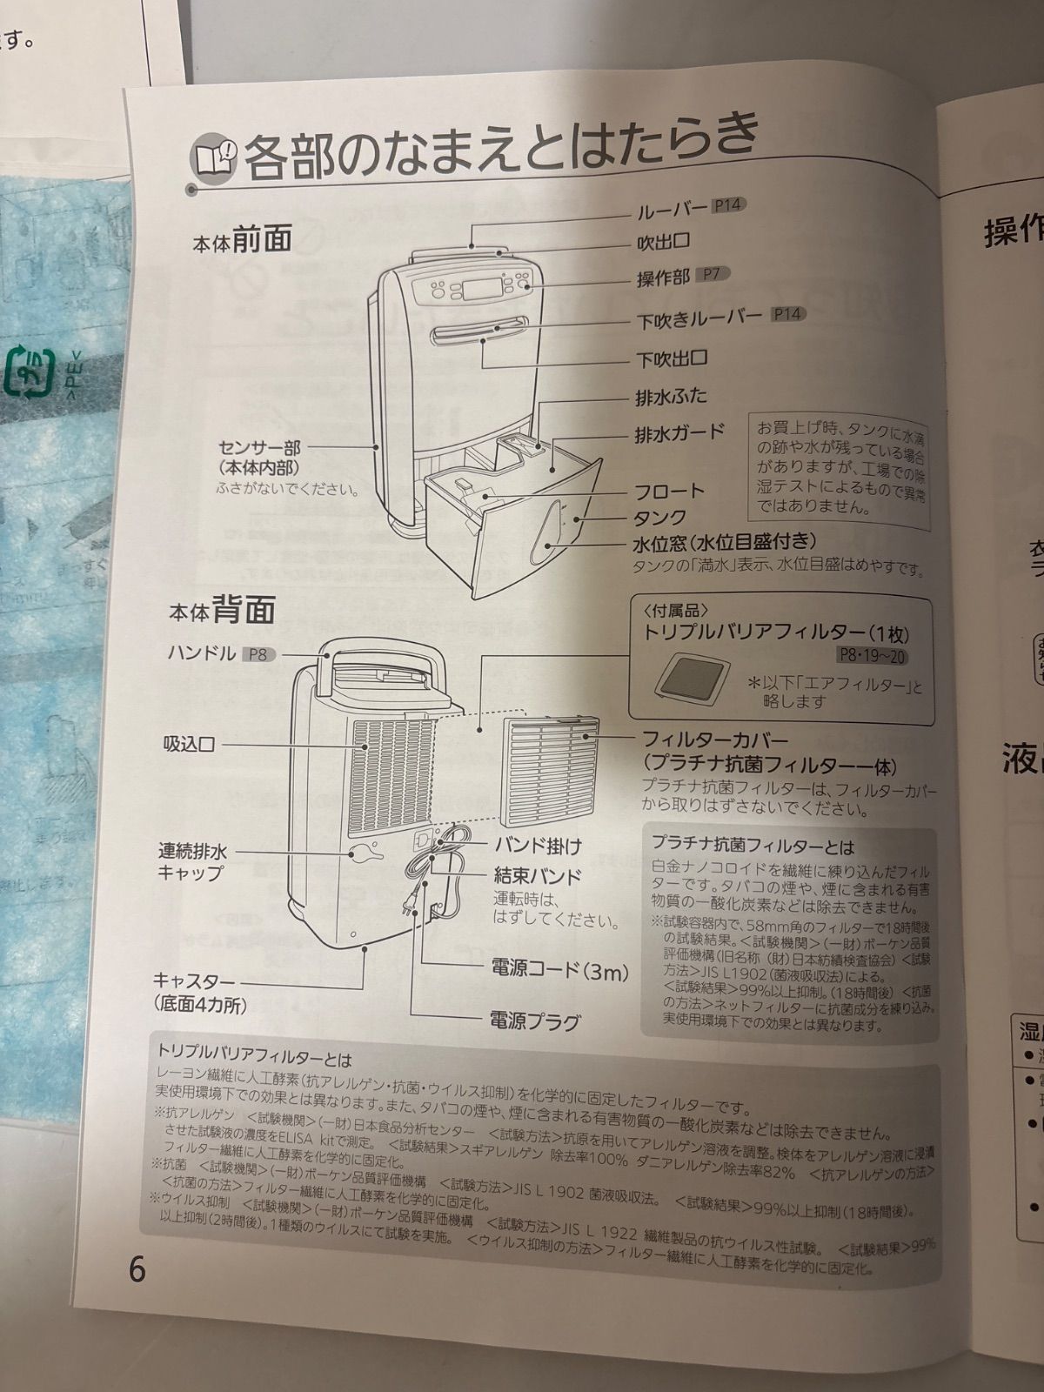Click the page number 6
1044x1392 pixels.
[137, 1269]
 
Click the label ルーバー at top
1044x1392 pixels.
[671, 210]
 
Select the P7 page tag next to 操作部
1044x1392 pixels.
[712, 274]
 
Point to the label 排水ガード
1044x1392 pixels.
[679, 433]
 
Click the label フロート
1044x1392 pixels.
[669, 492]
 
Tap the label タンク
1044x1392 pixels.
[659, 519]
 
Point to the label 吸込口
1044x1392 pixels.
[189, 745]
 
